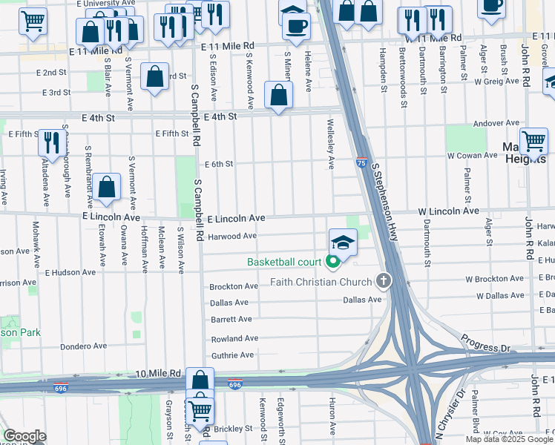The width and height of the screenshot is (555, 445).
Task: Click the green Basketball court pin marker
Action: (x=332, y=261)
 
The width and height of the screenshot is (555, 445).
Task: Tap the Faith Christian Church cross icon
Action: (x=383, y=281)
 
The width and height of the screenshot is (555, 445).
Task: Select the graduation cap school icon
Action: (x=343, y=243)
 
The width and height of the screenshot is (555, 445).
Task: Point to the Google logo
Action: (x=24, y=436)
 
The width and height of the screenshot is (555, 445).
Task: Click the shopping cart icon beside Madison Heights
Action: (x=533, y=140)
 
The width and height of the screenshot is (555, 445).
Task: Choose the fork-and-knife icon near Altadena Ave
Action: (x=51, y=141)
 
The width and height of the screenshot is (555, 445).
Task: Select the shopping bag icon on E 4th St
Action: (x=278, y=96)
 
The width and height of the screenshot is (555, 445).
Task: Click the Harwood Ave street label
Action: (x=232, y=237)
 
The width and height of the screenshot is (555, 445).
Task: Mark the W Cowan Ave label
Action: (x=471, y=155)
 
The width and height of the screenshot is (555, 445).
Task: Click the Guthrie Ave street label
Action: (x=233, y=356)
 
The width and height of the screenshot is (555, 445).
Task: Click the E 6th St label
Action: (x=218, y=164)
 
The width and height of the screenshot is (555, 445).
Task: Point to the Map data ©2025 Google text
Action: (x=508, y=439)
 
